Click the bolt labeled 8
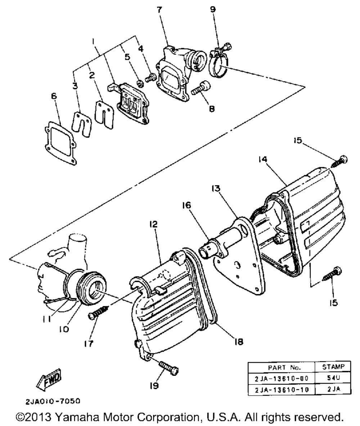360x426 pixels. tap(197, 86)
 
